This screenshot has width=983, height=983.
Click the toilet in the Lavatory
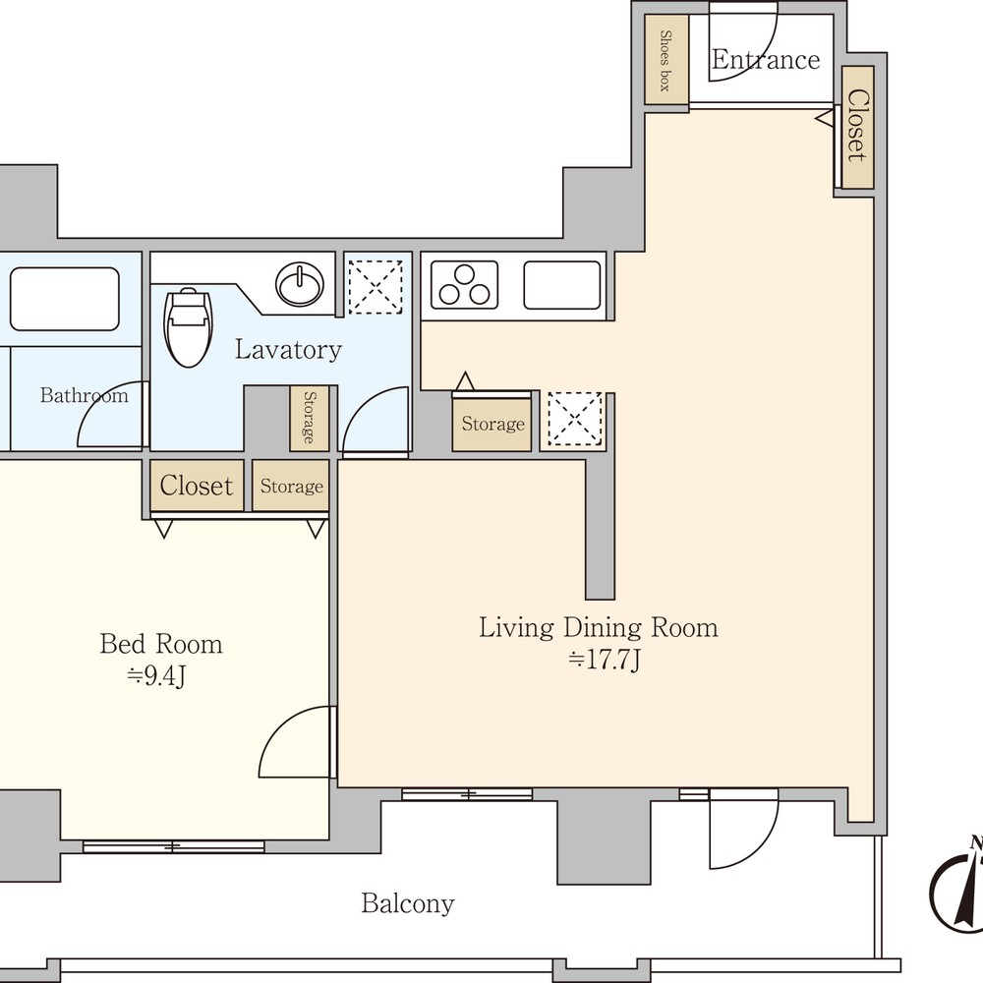(x=188, y=327)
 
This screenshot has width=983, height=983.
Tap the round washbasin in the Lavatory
(x=300, y=285)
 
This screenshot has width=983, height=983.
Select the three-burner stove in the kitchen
(x=465, y=285)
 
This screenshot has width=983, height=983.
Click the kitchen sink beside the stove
(x=561, y=285)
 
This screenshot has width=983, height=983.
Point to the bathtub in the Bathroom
(x=65, y=299)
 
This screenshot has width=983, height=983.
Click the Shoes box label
(x=665, y=61)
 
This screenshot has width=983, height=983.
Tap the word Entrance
(x=766, y=60)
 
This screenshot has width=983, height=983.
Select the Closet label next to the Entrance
(x=857, y=126)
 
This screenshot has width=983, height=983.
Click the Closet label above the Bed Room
(x=197, y=486)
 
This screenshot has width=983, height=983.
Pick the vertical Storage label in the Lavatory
(x=309, y=418)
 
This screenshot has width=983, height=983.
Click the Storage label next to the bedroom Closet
(x=292, y=487)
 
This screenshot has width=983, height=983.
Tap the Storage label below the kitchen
(x=492, y=425)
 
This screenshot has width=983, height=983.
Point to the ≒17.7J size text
(x=605, y=660)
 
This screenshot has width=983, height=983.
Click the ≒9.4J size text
(x=156, y=676)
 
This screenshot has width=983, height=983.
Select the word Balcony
(x=408, y=903)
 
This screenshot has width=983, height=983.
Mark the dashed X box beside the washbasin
(x=375, y=286)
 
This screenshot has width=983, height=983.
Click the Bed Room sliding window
(x=174, y=847)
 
